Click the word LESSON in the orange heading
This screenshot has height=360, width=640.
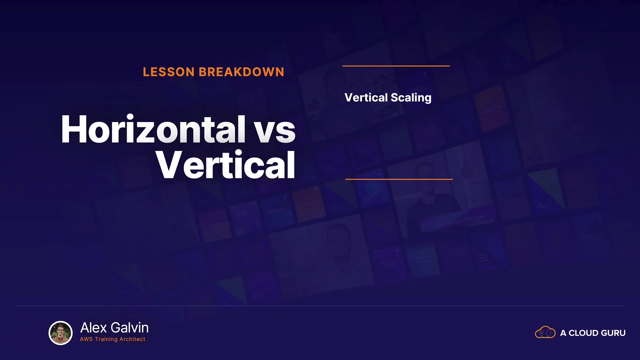(x=169, y=72)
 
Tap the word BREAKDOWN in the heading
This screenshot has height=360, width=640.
(x=242, y=72)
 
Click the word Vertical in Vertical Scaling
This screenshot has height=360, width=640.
(x=366, y=97)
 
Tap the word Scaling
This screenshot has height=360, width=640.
(x=411, y=98)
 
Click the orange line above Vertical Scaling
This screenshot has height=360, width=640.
(x=396, y=66)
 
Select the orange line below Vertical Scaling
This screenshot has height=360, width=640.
(x=399, y=179)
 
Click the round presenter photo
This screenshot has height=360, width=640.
(x=61, y=333)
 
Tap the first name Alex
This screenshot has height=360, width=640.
(x=94, y=328)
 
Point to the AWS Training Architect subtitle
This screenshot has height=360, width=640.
(x=113, y=339)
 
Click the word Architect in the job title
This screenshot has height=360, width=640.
(x=132, y=339)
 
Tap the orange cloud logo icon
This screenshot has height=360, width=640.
(x=545, y=332)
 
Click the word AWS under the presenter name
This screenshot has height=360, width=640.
(x=86, y=339)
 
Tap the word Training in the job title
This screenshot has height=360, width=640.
(x=106, y=339)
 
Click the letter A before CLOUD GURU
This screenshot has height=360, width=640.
(x=563, y=333)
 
